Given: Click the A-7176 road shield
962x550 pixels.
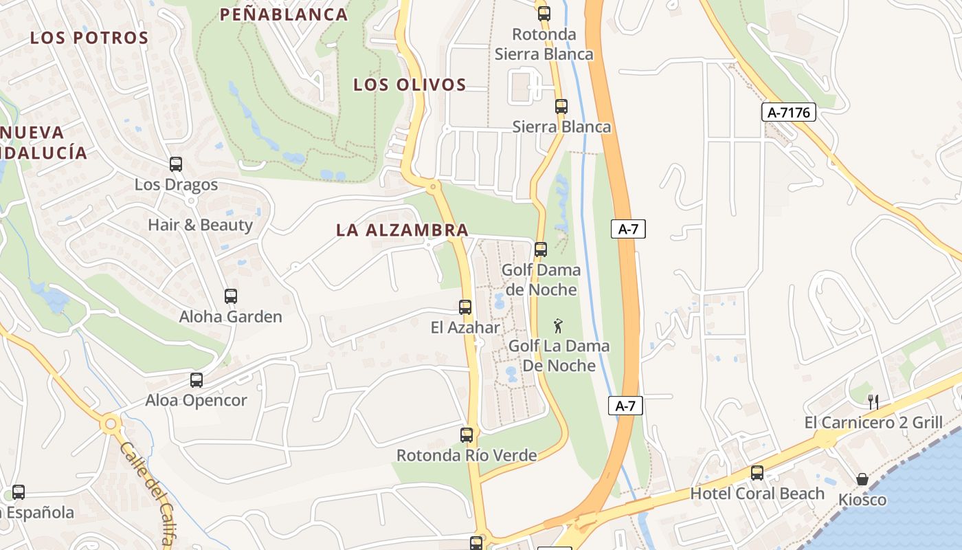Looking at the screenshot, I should point(788,112).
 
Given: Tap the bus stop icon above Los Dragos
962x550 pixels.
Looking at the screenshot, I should point(176,164).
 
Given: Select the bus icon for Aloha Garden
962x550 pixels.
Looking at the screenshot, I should point(231,296).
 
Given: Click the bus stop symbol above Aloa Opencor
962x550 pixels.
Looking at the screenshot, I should point(197,380).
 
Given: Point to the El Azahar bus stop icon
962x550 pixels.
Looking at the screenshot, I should point(465,307).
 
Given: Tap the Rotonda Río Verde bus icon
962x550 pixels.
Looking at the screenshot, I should point(467,435).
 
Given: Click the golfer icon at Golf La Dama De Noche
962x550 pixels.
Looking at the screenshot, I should point(559,325).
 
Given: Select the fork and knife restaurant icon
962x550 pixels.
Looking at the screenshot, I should point(873,402).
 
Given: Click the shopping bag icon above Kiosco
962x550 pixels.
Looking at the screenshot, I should point(862,479).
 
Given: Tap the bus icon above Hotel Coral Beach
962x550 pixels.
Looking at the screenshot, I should point(757,473).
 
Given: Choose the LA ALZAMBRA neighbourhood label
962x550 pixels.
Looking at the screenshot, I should point(402,230).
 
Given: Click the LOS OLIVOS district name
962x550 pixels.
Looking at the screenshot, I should point(410,85).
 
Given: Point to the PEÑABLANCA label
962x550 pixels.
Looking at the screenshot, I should point(284,14).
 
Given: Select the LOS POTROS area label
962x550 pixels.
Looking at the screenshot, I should point(89,38).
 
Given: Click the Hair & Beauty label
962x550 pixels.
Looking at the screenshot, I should point(200,225).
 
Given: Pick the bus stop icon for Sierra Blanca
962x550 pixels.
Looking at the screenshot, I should point(561,107).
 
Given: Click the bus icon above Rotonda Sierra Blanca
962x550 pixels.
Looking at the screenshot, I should point(544,13).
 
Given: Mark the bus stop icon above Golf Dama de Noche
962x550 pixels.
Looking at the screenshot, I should point(541,250).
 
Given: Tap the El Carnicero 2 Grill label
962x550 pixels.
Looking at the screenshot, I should point(873,422).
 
